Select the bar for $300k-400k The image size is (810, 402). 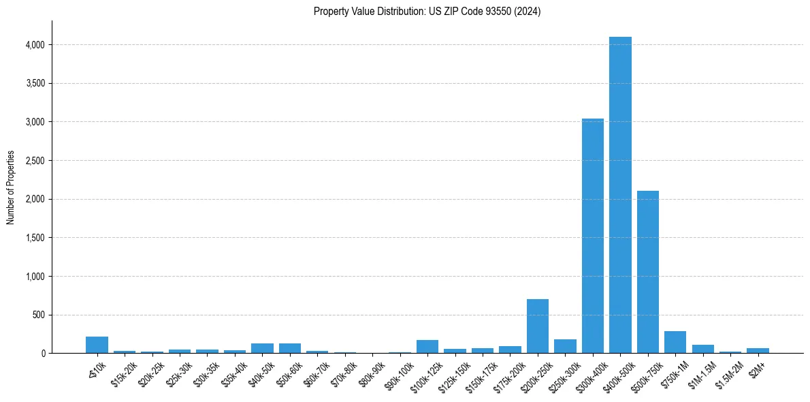point(592,236)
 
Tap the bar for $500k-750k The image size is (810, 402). point(647,272)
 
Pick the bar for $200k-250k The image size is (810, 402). point(537,326)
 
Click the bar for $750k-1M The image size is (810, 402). point(675,342)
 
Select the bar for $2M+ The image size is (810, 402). point(758,350)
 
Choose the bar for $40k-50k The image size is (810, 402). point(262,348)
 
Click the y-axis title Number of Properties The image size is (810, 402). point(11,187)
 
